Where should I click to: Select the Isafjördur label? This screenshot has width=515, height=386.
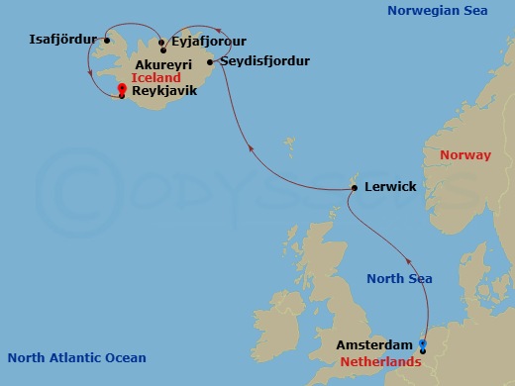pyautogui.click(x=64, y=41)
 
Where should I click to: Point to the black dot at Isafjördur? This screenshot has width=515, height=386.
pyautogui.click(x=106, y=41)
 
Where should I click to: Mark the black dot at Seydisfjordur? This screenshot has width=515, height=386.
pyautogui.click(x=210, y=61)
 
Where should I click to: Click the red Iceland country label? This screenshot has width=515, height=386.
pyautogui.click(x=155, y=76)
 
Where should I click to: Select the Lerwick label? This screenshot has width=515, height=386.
pyautogui.click(x=389, y=186)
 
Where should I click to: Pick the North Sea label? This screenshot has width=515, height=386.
pyautogui.click(x=399, y=279)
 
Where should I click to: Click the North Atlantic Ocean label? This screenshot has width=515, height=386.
pyautogui.click(x=76, y=358)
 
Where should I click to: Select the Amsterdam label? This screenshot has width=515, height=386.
pyautogui.click(x=375, y=344)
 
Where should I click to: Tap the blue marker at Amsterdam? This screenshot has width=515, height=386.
pyautogui.click(x=423, y=344)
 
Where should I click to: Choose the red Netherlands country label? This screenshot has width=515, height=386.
pyautogui.click(x=381, y=362)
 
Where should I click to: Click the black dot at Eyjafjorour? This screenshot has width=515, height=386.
pyautogui.click(x=161, y=43)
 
